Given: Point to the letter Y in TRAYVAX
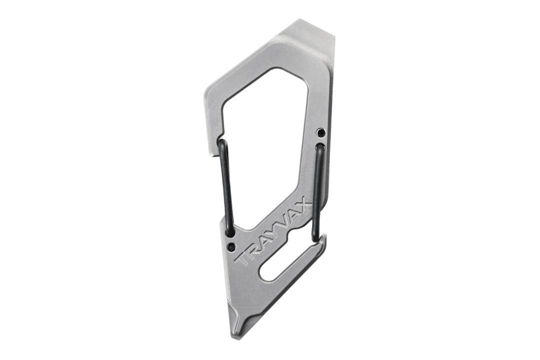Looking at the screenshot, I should [x=274, y=233].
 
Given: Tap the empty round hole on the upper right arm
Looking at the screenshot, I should [x=320, y=132].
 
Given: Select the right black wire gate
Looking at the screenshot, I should [x=317, y=190].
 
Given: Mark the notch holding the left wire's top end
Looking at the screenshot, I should [x=220, y=143].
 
